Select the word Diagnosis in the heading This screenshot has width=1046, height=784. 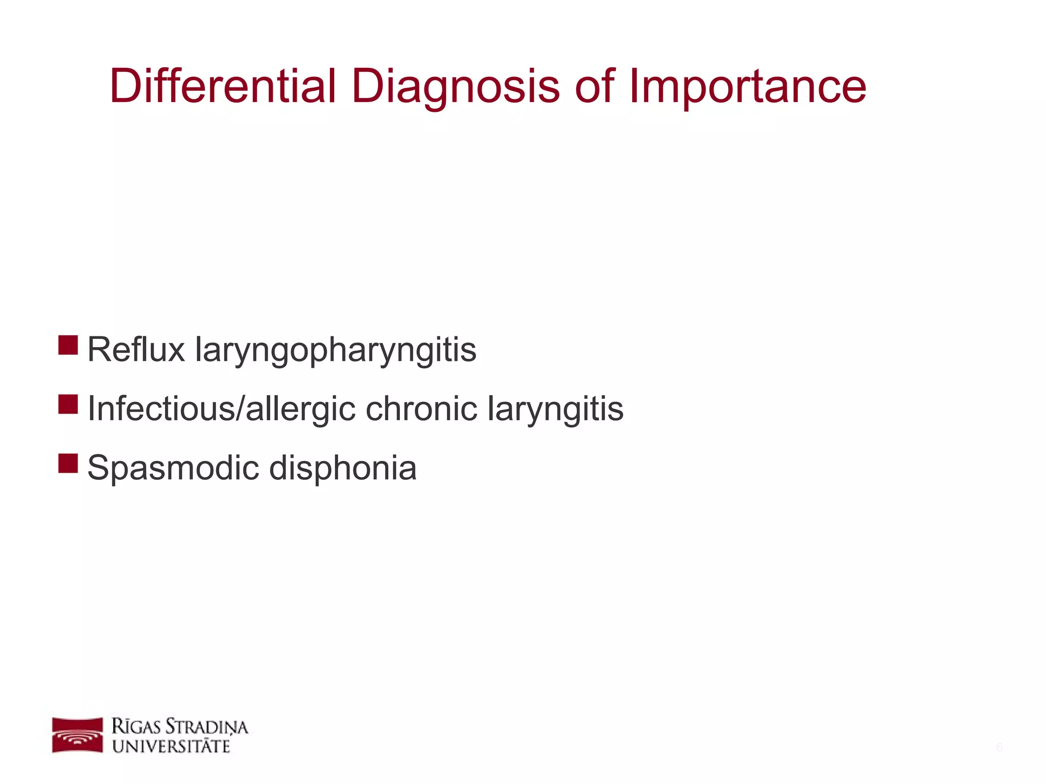pyautogui.click(x=456, y=87)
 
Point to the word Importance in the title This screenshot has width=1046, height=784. pyautogui.click(x=748, y=87)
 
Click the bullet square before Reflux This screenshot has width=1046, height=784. pyautogui.click(x=68, y=345)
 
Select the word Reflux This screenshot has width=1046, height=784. pyautogui.click(x=136, y=350)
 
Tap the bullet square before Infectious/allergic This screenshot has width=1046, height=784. pyautogui.click(x=68, y=404)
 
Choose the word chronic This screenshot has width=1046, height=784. pyautogui.click(x=422, y=409)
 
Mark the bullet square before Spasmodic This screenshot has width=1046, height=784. pyautogui.click(x=68, y=463)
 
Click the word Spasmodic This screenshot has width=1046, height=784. pyautogui.click(x=173, y=469)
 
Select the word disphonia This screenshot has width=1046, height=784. pyautogui.click(x=343, y=468)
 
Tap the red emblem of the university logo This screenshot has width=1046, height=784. pyautogui.click(x=77, y=735)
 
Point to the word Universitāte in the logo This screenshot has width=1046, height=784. pyautogui.click(x=171, y=746)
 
